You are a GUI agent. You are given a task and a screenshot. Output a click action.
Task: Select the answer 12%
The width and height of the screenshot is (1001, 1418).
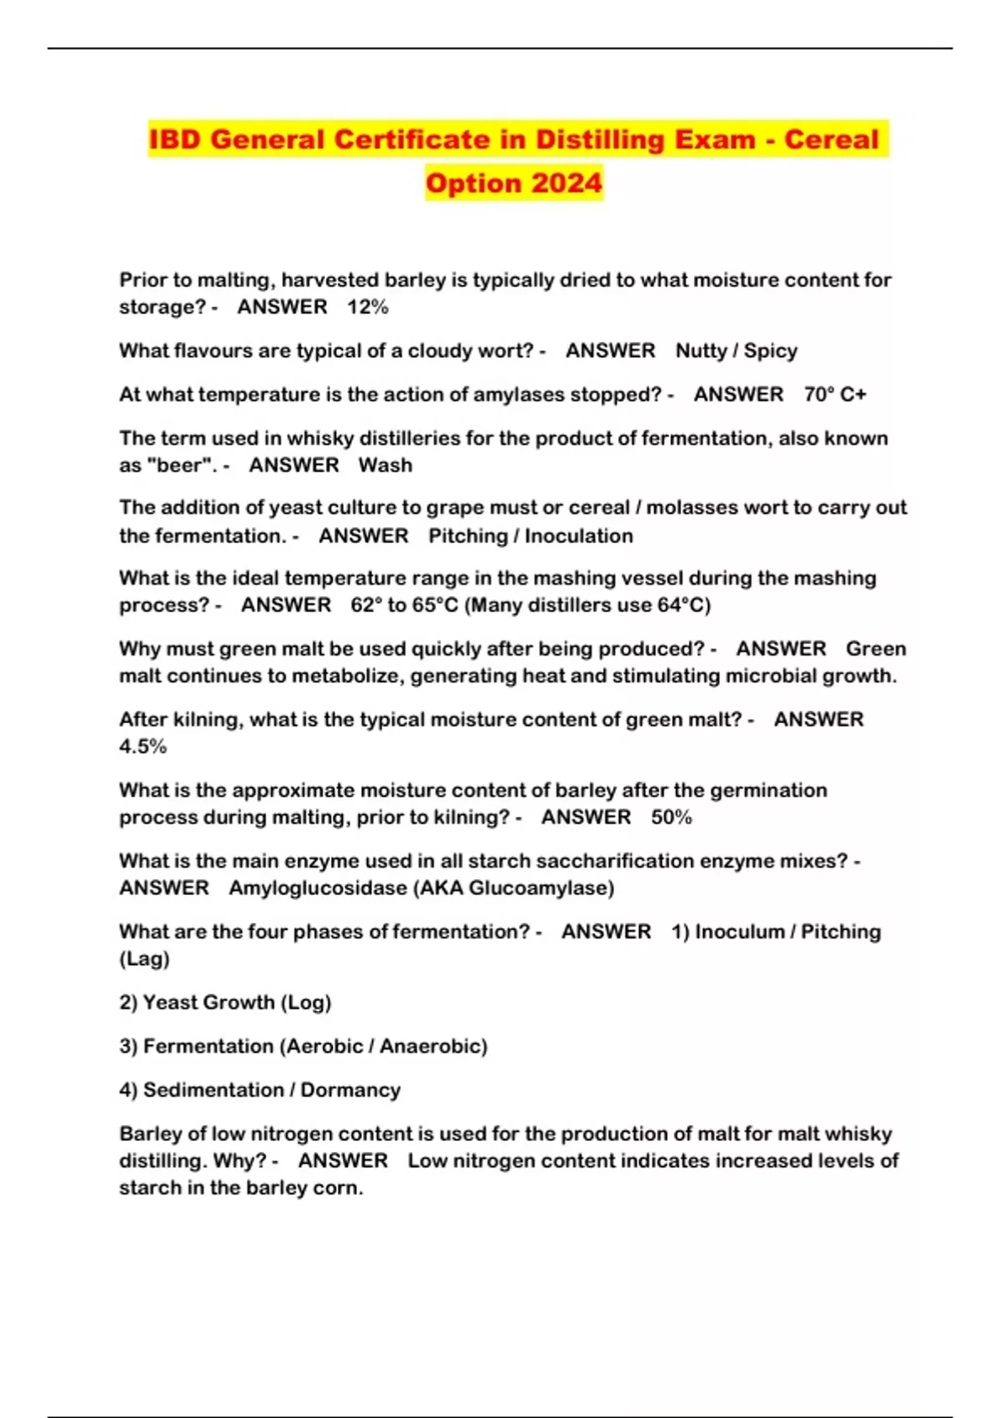click(368, 307)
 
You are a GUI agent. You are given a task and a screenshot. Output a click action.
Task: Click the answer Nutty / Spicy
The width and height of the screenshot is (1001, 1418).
click(736, 350)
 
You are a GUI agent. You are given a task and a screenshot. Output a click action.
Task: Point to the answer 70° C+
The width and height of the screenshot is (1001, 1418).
click(835, 395)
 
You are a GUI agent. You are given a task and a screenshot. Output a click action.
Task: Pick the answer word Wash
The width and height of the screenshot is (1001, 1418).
click(385, 465)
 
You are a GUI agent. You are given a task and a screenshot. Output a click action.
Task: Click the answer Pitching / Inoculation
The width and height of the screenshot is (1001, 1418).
click(531, 536)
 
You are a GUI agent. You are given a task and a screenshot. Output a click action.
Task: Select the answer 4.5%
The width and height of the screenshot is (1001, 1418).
click(143, 747)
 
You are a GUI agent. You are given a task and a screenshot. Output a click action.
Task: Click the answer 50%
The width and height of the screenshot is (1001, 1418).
click(672, 817)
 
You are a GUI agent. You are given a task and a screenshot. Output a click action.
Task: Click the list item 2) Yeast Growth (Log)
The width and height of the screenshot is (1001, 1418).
click(225, 1003)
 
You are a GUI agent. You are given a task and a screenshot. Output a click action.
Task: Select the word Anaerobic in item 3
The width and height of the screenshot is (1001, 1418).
click(433, 1046)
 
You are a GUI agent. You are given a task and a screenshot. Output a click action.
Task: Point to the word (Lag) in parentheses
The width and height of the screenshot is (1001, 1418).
click(144, 958)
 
